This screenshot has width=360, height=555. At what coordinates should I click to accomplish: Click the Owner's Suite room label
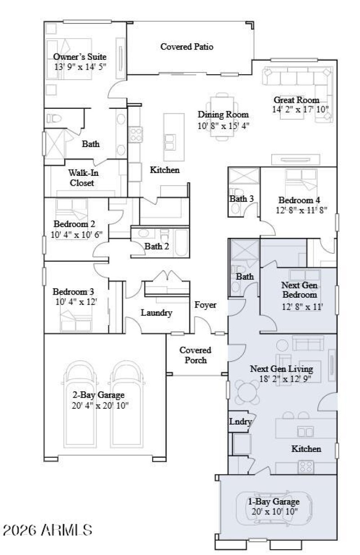[x=80, y=57]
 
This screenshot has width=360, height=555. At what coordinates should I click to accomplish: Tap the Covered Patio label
[x=187, y=46]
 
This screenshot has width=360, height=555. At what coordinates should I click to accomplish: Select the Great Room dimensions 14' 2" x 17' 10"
[x=300, y=109]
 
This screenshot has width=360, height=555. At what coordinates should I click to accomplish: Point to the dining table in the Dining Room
[x=221, y=116]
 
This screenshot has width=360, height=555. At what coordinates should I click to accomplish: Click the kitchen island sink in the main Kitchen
[x=170, y=145]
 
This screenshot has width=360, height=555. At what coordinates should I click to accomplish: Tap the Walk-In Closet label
[x=81, y=177]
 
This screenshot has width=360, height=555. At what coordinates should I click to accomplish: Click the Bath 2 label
[x=157, y=246]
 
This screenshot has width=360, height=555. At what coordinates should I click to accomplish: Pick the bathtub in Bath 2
[x=181, y=243]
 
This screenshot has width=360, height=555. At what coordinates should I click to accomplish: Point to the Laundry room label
[x=156, y=313]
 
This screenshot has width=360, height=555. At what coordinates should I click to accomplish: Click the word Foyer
[x=205, y=305]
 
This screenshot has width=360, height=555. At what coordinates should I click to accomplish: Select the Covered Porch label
[x=196, y=355]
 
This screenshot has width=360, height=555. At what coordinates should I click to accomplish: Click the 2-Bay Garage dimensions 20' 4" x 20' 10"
[x=99, y=405]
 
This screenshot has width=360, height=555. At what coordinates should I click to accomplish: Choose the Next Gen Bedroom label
[x=299, y=290]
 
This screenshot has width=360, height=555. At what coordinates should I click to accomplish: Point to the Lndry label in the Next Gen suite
[x=240, y=422]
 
